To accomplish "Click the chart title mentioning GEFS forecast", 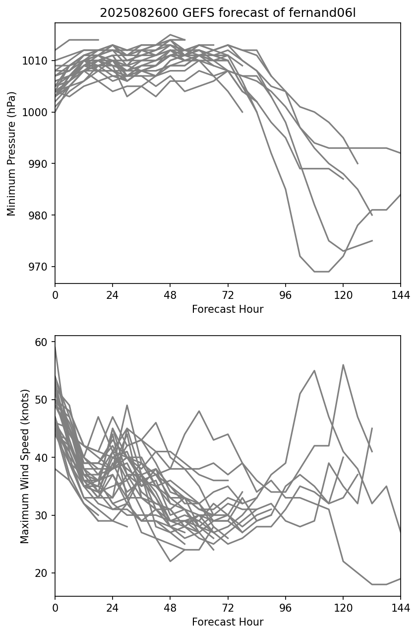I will (x=228, y=13).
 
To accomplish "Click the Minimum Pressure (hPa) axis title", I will (x=12, y=153).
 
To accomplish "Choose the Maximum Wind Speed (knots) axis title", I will (x=25, y=466).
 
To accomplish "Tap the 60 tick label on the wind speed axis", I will (x=41, y=342).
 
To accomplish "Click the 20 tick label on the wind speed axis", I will (x=41, y=573).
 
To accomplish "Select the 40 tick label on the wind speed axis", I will (x=41, y=458).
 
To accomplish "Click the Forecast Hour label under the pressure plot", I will (x=228, y=309).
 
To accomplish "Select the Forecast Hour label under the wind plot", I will (x=228, y=622).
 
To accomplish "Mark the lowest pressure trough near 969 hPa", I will (x=321, y=272).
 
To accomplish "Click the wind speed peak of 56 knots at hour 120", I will (x=343, y=365).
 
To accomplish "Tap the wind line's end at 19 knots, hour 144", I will (x=400, y=579).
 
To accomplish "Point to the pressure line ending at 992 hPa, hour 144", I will (x=400, y=153).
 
